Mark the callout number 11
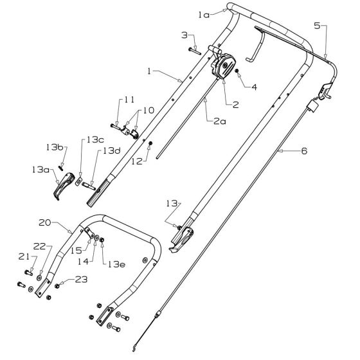tap(129, 100)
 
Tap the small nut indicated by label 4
tap(237, 72)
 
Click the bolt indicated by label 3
tap(195, 48)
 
